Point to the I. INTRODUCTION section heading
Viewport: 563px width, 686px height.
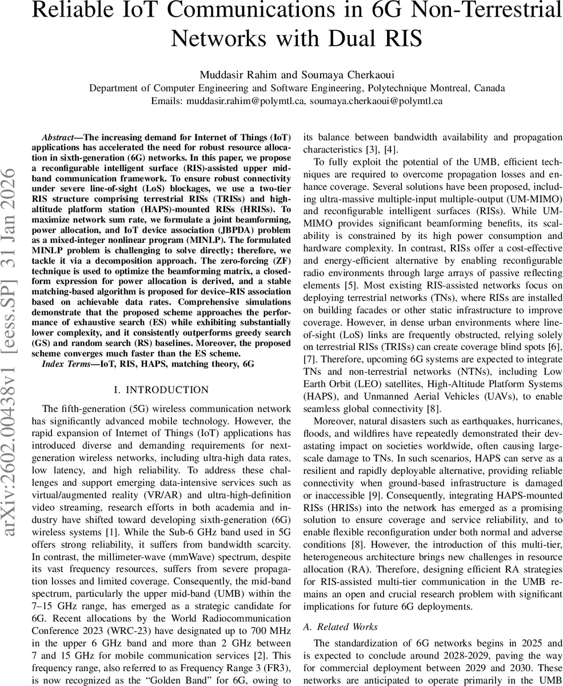[162, 390]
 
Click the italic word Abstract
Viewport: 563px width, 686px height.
[58, 138]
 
